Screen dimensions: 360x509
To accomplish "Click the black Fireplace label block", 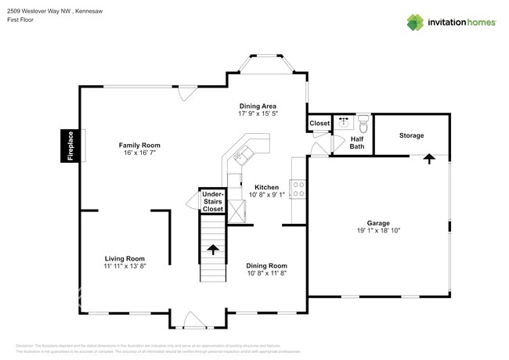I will point(69,146).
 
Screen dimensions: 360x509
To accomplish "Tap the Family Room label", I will point(139,145).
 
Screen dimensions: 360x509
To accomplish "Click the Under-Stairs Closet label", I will point(213,202).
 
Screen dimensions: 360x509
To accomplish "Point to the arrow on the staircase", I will point(212,250).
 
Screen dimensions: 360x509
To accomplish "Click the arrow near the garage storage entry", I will point(429,159).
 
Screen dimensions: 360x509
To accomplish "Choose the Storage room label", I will point(411,135).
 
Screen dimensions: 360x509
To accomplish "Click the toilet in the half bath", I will point(362,122).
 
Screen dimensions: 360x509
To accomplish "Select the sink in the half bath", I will point(344,122).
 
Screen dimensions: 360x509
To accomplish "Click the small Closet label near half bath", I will point(319,124).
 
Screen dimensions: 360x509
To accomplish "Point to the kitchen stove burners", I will point(298,189).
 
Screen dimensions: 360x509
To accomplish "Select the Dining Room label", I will point(267,265).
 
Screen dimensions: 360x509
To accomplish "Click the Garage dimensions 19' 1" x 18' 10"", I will point(378,231).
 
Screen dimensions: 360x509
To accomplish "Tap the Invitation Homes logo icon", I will point(414,23).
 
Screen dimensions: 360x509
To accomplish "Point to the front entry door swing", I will point(190,319).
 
